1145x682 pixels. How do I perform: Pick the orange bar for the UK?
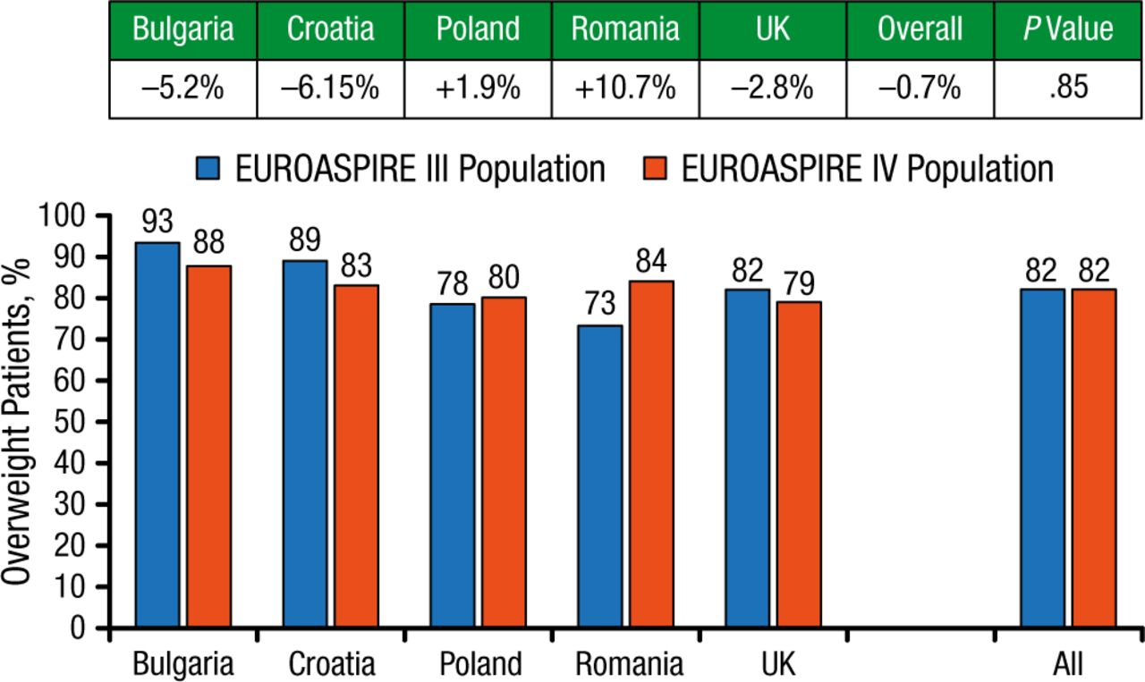coord(799,465)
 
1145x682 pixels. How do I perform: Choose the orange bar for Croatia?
coord(356,456)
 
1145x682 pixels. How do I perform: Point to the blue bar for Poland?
coord(453,466)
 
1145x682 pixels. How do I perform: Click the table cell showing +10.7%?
coord(624,89)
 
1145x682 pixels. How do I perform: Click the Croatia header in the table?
coord(330,29)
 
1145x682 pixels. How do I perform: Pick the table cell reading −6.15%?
coord(330,89)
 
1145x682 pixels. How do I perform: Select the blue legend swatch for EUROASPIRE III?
coord(210,168)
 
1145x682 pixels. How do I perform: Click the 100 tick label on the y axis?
coord(66,216)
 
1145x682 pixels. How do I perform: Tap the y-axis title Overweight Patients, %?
coord(20,420)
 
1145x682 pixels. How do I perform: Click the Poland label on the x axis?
coord(479,665)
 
